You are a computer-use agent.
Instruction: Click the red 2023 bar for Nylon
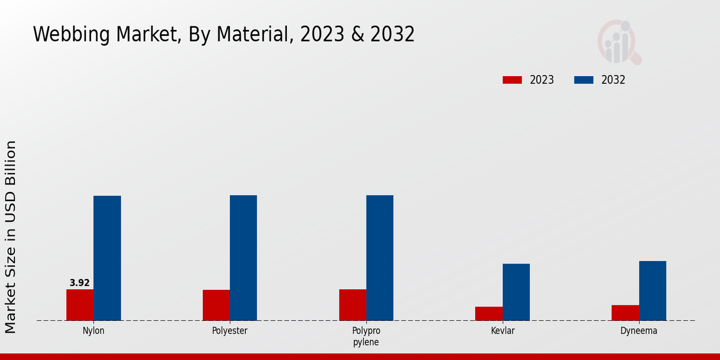pyautogui.click(x=80, y=305)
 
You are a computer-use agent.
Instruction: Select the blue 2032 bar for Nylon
pyautogui.click(x=107, y=258)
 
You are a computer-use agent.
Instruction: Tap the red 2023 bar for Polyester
pyautogui.click(x=216, y=305)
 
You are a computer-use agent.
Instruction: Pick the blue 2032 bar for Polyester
pyautogui.click(x=244, y=258)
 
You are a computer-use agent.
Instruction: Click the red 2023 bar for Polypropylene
pyautogui.click(x=353, y=305)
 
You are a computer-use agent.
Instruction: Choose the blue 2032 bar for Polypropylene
pyautogui.click(x=380, y=258)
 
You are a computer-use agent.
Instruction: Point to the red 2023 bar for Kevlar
pyautogui.click(x=489, y=313)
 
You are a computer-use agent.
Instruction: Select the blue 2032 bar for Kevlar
pyautogui.click(x=516, y=292)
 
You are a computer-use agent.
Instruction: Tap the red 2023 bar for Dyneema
pyautogui.click(x=625, y=313)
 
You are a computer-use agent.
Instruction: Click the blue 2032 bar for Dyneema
pyautogui.click(x=653, y=290)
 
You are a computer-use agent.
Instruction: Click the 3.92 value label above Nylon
pyautogui.click(x=80, y=283)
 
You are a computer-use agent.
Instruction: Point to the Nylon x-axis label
pyautogui.click(x=94, y=331)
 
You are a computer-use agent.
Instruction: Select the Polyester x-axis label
pyautogui.click(x=230, y=331)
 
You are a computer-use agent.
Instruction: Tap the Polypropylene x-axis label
pyautogui.click(x=366, y=337)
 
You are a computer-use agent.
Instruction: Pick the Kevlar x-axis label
pyautogui.click(x=503, y=331)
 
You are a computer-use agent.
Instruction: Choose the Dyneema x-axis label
pyautogui.click(x=639, y=331)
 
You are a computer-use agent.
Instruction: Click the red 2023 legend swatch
pyautogui.click(x=512, y=80)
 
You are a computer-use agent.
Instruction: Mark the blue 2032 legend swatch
pyautogui.click(x=584, y=80)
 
